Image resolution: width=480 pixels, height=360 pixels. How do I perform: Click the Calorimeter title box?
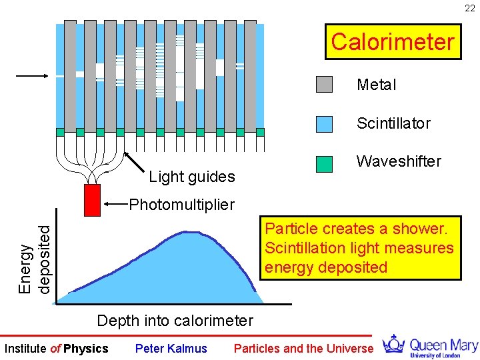pyautogui.click(x=393, y=42)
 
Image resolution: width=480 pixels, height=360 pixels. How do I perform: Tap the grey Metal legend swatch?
pyautogui.click(x=324, y=84)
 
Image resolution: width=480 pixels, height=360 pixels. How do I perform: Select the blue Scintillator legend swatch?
pyautogui.click(x=324, y=123)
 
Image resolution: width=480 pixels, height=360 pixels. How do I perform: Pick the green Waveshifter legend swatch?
pyautogui.click(x=324, y=164)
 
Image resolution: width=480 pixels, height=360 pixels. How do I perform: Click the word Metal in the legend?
pyautogui.click(x=376, y=85)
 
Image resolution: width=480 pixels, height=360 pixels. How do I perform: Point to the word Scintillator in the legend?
pyautogui.click(x=393, y=123)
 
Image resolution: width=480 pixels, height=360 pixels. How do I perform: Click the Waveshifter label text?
pyautogui.click(x=399, y=161)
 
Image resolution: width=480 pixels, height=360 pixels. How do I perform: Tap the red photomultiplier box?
pyautogui.click(x=92, y=200)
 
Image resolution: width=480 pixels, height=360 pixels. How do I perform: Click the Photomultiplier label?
pyautogui.click(x=181, y=203)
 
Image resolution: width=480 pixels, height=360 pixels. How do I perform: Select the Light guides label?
pyautogui.click(x=192, y=177)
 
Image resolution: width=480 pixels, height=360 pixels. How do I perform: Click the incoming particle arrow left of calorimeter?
pyautogui.click(x=32, y=76)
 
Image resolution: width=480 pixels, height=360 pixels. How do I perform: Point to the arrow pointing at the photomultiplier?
pyautogui.click(x=117, y=203)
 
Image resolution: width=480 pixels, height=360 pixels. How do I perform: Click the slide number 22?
pyautogui.click(x=470, y=8)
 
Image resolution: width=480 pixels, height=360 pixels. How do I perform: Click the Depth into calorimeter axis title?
pyautogui.click(x=175, y=321)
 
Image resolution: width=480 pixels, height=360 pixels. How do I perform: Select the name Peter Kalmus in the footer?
pyautogui.click(x=171, y=349)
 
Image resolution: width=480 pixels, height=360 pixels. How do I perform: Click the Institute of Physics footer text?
pyautogui.click(x=56, y=349)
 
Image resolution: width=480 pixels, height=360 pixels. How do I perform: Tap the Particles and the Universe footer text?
pyautogui.click(x=303, y=349)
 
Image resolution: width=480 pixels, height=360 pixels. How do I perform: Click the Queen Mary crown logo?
pyautogui.click(x=395, y=345)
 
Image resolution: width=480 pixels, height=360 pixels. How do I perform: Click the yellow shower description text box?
pyautogui.click(x=360, y=248)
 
